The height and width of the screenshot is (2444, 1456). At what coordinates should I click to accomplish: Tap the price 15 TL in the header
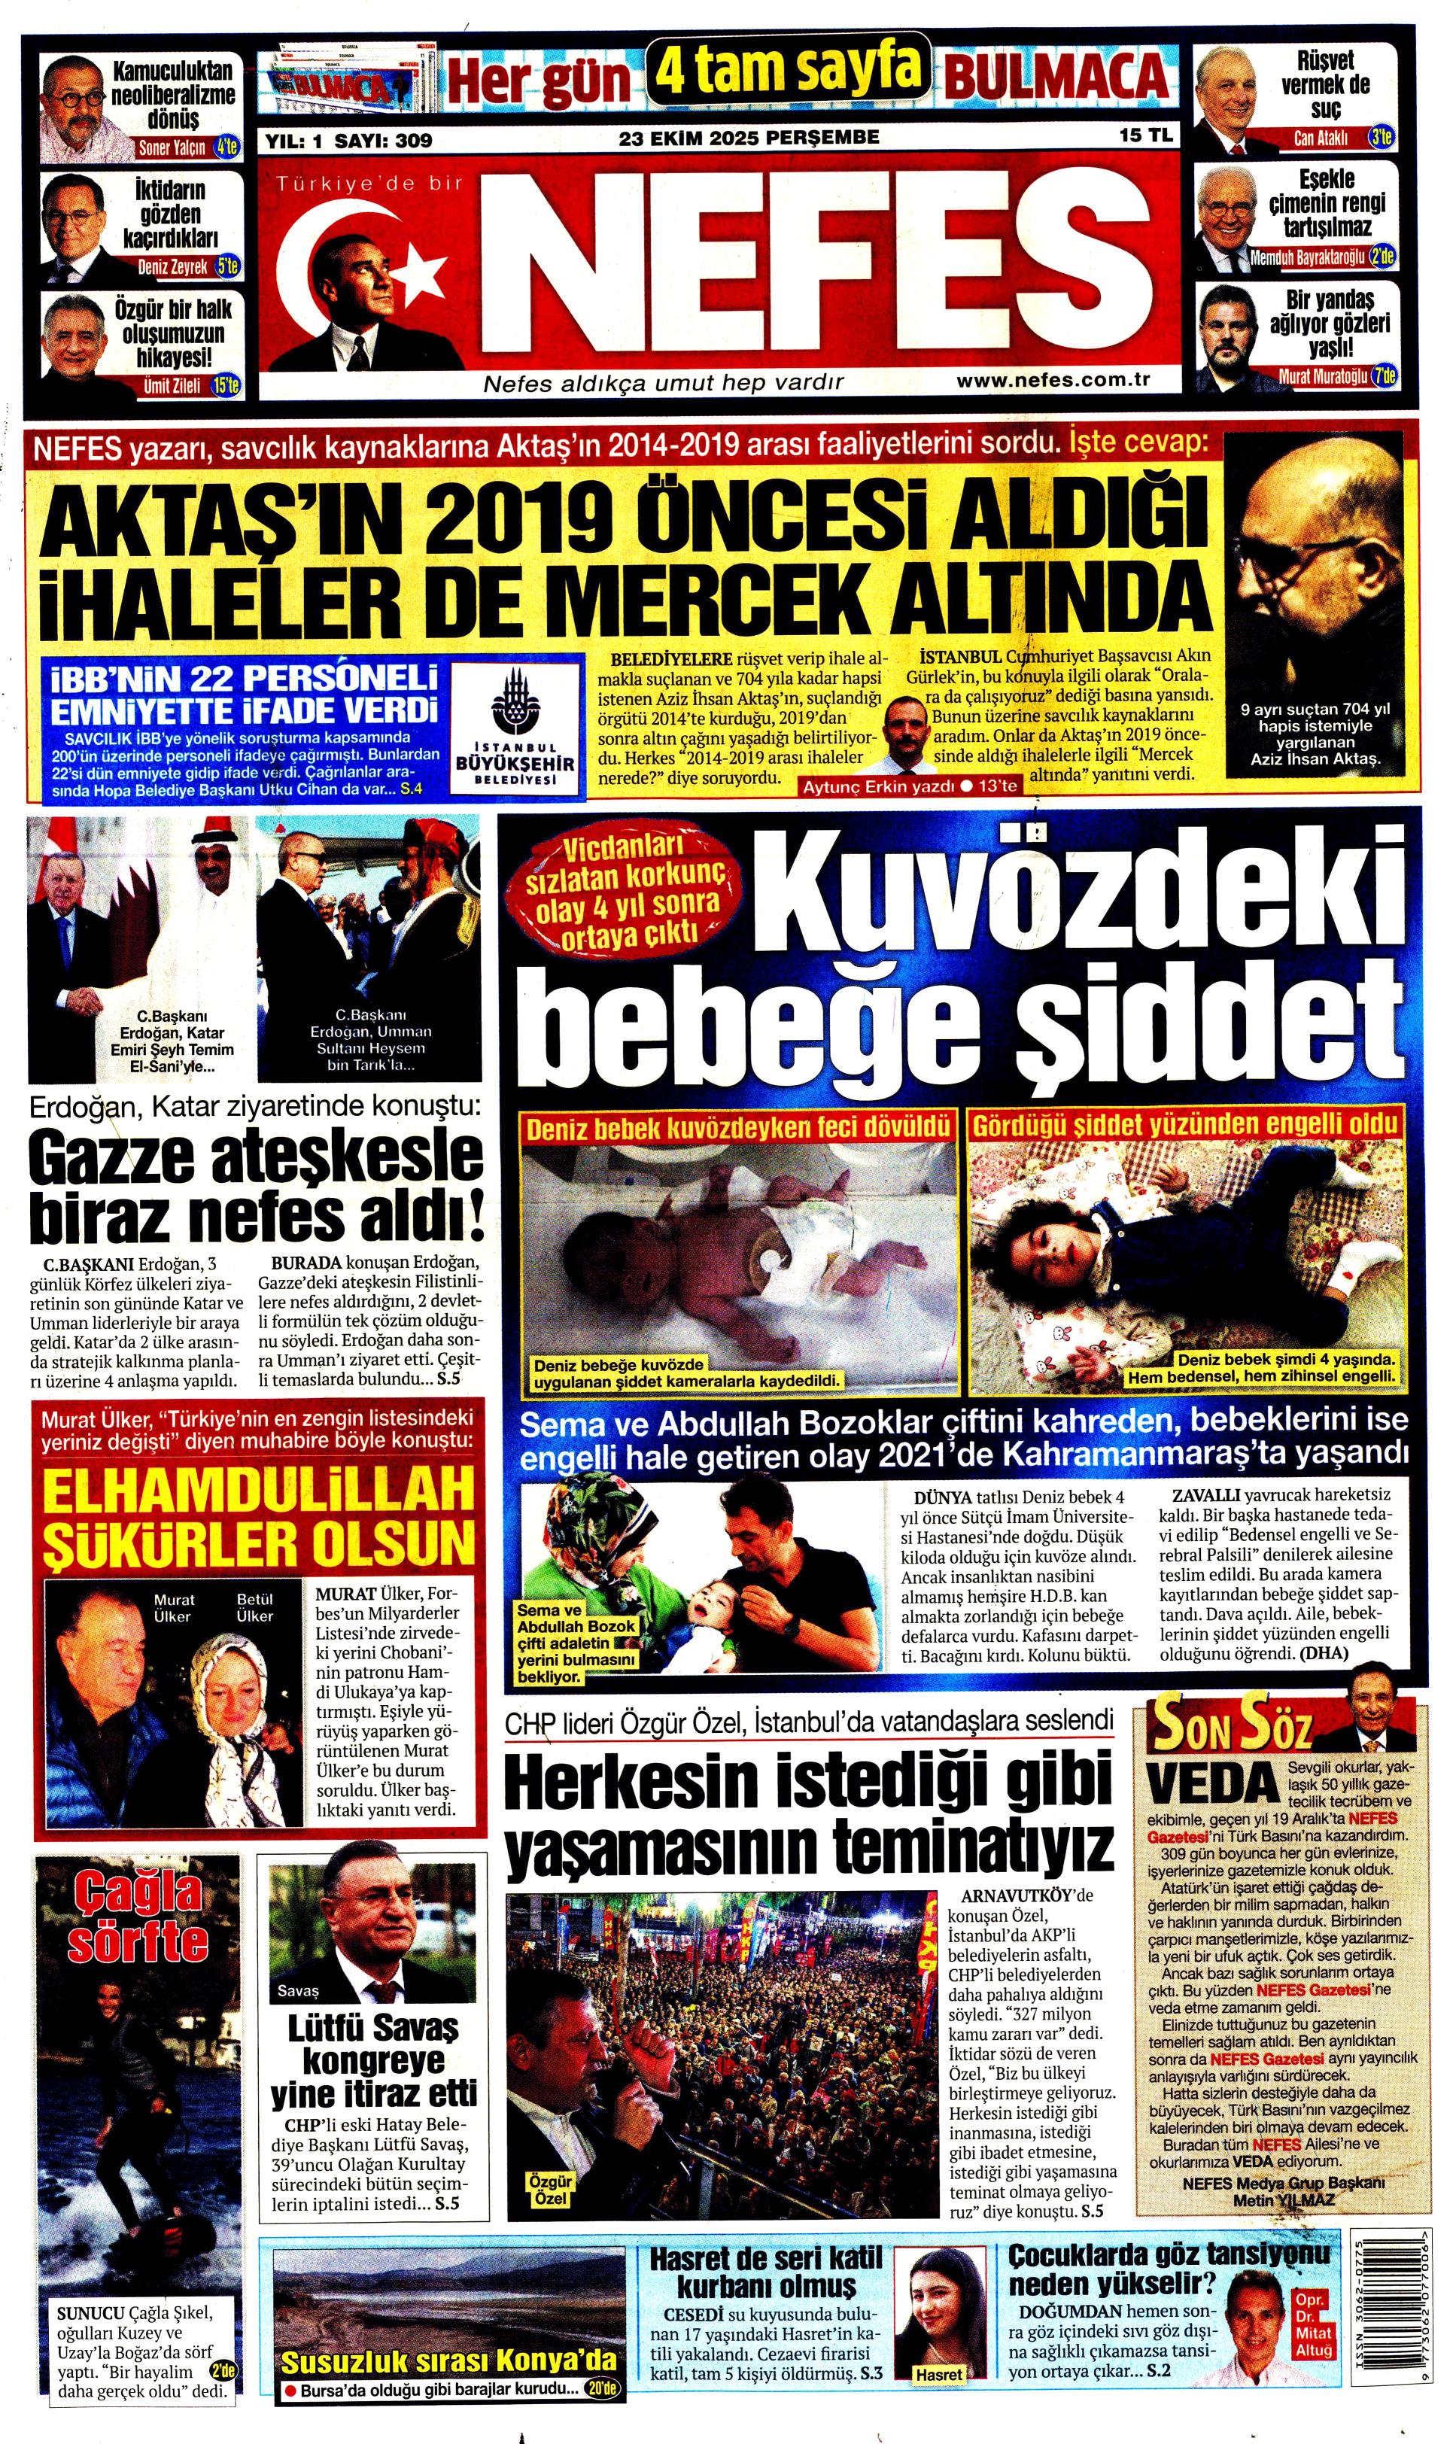(x=1146, y=136)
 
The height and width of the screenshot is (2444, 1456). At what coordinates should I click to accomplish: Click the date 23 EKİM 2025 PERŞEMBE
(x=749, y=138)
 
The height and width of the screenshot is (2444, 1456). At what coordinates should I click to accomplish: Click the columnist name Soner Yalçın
(x=172, y=148)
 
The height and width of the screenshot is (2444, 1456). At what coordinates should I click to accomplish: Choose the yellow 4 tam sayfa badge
(x=788, y=71)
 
